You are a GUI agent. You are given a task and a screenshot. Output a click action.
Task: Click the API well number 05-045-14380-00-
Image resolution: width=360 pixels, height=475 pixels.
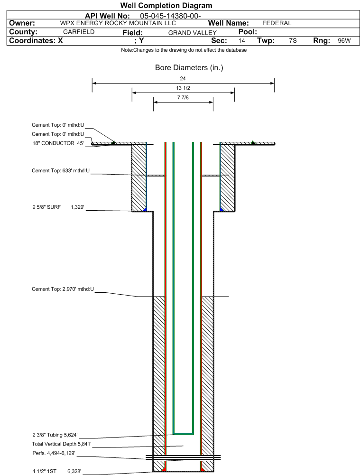pyautogui.click(x=171, y=15)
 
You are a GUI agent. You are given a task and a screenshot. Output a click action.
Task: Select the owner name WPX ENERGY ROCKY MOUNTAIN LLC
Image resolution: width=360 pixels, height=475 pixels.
pyautogui.click(x=118, y=23)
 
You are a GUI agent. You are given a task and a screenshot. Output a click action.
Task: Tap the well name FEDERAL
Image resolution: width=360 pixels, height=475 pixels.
pyautogui.click(x=277, y=23)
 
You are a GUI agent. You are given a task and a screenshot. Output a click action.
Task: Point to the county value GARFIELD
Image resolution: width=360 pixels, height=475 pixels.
pyautogui.click(x=79, y=32)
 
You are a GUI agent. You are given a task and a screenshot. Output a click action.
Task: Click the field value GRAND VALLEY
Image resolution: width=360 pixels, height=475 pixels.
pyautogui.click(x=192, y=32)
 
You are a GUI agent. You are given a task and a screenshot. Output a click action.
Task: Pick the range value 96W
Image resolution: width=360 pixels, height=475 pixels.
pyautogui.click(x=344, y=41)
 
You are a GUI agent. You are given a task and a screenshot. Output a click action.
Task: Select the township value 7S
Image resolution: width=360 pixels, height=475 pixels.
pyautogui.click(x=293, y=41)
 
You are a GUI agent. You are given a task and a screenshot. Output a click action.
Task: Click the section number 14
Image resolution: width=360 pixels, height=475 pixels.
pyautogui.click(x=242, y=41)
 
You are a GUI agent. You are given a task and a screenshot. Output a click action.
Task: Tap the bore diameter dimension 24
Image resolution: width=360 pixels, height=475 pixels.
pyautogui.click(x=183, y=78)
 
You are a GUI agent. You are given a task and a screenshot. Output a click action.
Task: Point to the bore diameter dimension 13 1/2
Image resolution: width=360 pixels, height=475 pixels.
pyautogui.click(x=183, y=88)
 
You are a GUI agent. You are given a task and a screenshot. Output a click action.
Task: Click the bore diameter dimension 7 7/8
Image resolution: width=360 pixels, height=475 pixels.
pyautogui.click(x=183, y=98)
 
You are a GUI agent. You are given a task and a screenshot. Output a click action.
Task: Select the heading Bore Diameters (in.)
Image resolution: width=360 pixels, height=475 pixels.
pyautogui.click(x=189, y=68)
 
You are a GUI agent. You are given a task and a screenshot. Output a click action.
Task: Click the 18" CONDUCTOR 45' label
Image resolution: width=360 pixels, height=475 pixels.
pyautogui.click(x=57, y=143)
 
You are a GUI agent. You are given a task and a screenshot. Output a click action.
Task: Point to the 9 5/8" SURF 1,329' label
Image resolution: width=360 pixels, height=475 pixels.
pyautogui.click(x=57, y=207)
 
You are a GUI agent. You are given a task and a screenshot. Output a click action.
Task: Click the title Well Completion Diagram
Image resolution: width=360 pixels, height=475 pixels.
pyautogui.click(x=166, y=6)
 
